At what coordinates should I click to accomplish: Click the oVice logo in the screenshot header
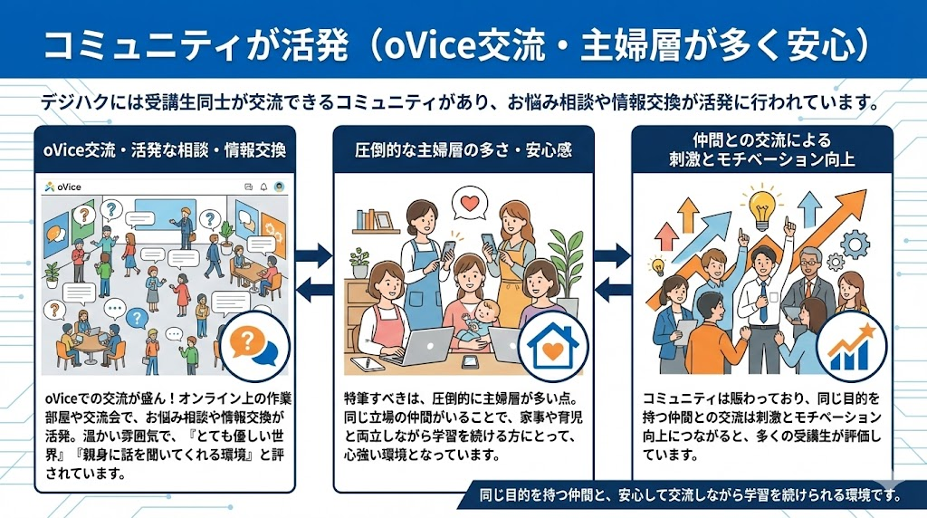click(62, 187)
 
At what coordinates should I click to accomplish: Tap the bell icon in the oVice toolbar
click(263, 187)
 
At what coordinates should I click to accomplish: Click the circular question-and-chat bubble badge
click(254, 347)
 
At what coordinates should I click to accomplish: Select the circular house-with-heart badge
click(553, 347)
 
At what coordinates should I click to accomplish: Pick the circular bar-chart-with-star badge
click(852, 347)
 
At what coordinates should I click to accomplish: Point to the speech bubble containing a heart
click(470, 204)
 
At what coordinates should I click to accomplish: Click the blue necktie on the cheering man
click(764, 302)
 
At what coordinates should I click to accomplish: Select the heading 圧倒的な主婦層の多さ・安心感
click(463, 150)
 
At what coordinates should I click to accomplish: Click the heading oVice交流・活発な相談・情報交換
click(165, 150)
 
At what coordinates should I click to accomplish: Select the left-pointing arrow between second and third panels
click(613, 290)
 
